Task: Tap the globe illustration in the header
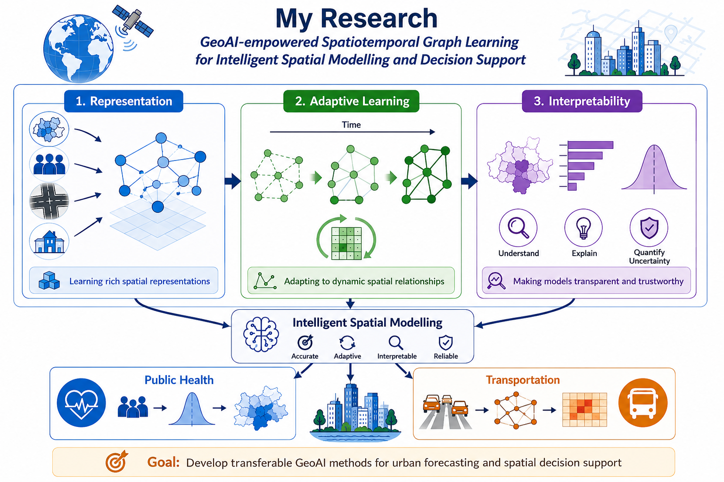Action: (x=78, y=48)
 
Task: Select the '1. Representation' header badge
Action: (x=124, y=101)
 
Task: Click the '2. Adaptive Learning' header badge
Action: (x=351, y=101)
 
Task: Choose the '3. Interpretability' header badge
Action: (x=582, y=101)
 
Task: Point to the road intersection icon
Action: (x=49, y=201)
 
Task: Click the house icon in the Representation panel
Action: (x=49, y=241)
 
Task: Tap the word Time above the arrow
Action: (x=351, y=125)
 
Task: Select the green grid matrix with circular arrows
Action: (x=346, y=238)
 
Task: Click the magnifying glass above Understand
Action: (x=518, y=228)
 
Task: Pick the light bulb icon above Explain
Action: (x=584, y=228)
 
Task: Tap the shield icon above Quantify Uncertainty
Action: (x=649, y=228)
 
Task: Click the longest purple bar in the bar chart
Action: (x=590, y=145)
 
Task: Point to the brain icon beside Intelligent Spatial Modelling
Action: (x=261, y=334)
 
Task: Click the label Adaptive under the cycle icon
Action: (x=347, y=356)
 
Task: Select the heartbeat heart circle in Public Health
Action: (x=82, y=402)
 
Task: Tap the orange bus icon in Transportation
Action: (x=643, y=402)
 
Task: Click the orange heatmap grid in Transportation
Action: (x=584, y=410)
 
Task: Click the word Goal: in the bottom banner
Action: (x=163, y=462)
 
